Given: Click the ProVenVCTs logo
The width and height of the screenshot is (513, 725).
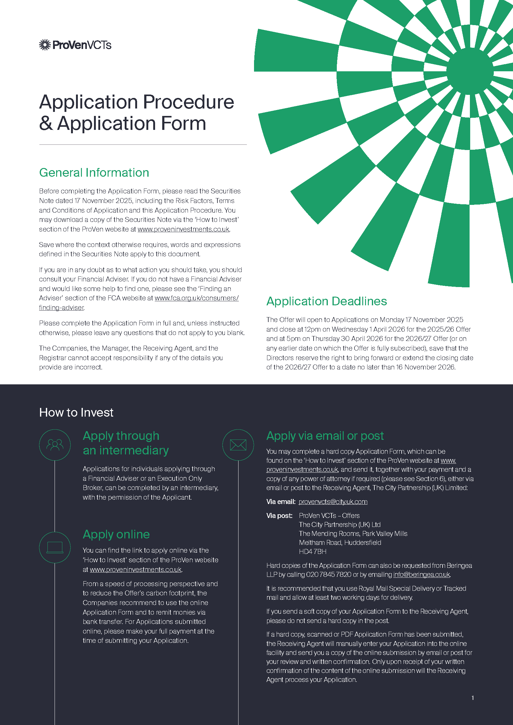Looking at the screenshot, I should [x=75, y=45].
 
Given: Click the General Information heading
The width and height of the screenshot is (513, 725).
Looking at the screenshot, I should [x=94, y=173].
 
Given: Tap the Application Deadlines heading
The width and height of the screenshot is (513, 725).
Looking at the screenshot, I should [x=326, y=301].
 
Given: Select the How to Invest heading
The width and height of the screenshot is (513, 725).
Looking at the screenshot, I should [x=76, y=412].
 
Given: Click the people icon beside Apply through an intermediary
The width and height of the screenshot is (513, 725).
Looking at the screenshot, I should [x=55, y=444].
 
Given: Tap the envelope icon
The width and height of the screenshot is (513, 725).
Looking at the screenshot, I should [x=238, y=444].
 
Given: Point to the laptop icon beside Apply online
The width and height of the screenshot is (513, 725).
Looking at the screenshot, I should [x=55, y=547].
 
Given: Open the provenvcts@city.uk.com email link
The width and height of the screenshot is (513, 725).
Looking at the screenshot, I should [x=333, y=502].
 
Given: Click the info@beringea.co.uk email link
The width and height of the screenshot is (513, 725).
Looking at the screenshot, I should [x=422, y=575].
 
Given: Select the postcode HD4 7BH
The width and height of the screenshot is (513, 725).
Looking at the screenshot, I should [x=312, y=552].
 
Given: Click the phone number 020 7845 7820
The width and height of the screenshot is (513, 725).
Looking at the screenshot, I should [x=328, y=575].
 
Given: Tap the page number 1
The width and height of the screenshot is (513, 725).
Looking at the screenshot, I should [x=473, y=698].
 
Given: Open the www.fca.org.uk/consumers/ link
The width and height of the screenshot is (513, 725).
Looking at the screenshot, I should [x=196, y=298].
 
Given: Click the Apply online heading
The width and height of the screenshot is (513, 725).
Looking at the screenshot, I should [x=116, y=534].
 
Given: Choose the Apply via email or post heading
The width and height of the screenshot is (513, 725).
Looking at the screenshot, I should [x=325, y=436].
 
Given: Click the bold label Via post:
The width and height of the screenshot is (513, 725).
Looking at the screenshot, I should [x=279, y=516].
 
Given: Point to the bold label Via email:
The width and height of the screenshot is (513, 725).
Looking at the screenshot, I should [x=280, y=502].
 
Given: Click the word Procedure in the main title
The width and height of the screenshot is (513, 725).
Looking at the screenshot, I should [x=189, y=102].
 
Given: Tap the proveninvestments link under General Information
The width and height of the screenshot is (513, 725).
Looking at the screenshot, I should [x=183, y=229].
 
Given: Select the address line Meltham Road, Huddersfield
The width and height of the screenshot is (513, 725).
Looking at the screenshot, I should [x=340, y=542].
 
